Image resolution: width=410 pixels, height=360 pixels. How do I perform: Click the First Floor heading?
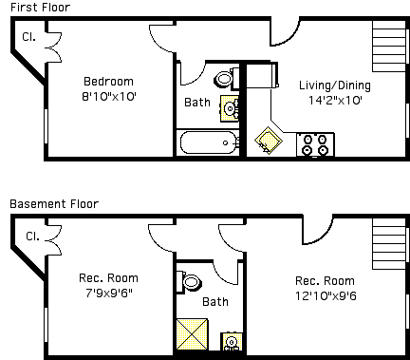click(41, 7)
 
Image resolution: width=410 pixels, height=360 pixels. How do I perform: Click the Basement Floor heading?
click(54, 203)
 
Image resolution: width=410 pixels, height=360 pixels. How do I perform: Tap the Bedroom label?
click(108, 82)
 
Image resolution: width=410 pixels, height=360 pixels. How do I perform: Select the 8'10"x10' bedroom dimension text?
click(109, 96)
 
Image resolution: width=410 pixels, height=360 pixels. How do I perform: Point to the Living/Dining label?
click(335, 85)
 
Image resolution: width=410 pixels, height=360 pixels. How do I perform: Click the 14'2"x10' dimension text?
click(335, 100)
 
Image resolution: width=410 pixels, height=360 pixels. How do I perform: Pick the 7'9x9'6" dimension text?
click(109, 293)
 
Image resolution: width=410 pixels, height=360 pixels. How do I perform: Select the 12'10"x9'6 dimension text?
click(326, 296)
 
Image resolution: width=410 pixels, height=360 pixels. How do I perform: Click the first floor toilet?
click(227, 78)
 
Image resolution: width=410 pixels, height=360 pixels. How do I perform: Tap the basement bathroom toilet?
click(188, 282)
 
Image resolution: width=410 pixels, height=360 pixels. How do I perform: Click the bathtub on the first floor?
click(209, 142)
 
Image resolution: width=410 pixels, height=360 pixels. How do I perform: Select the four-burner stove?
click(315, 144)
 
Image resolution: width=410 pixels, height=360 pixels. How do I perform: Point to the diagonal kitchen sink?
click(269, 141)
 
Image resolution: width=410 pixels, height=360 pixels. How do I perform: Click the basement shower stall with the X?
click(192, 334)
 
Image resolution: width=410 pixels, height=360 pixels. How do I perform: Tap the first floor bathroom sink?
click(230, 108)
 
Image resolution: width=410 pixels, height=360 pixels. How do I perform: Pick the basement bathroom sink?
click(232, 342)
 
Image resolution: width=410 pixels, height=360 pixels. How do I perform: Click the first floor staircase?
click(389, 47)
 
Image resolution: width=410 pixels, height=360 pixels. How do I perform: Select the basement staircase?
click(389, 244)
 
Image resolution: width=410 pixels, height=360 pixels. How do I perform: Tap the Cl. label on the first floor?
click(28, 37)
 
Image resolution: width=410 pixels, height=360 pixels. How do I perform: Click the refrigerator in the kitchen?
click(262, 75)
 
